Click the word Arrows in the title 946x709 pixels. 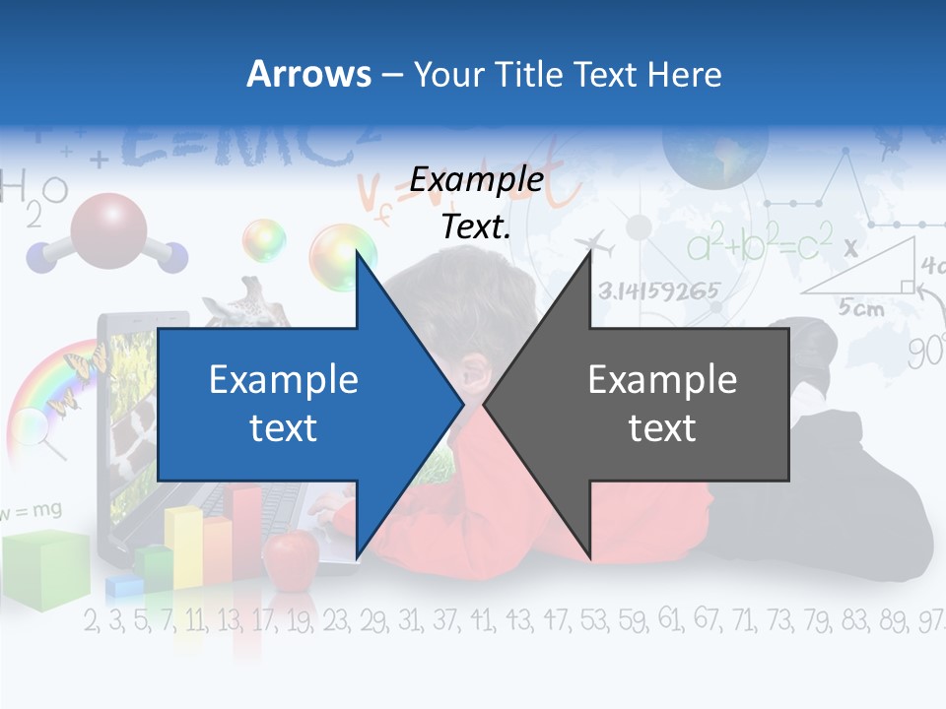coord(307,74)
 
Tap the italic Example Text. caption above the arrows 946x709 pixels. coord(477,203)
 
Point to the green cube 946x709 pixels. coord(43,568)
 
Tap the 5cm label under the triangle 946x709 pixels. coord(861,308)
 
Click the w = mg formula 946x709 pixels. coord(32,510)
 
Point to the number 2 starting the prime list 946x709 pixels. coord(92,621)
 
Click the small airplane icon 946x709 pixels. coord(591,243)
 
